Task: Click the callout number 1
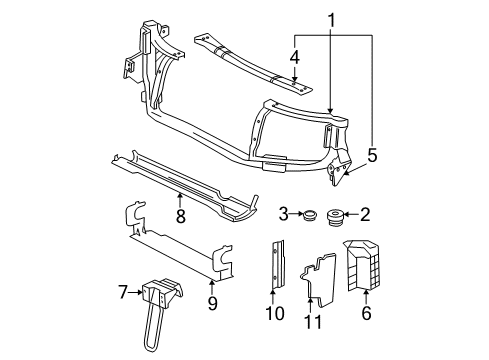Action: click(332, 19)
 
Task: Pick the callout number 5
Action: click(373, 154)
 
